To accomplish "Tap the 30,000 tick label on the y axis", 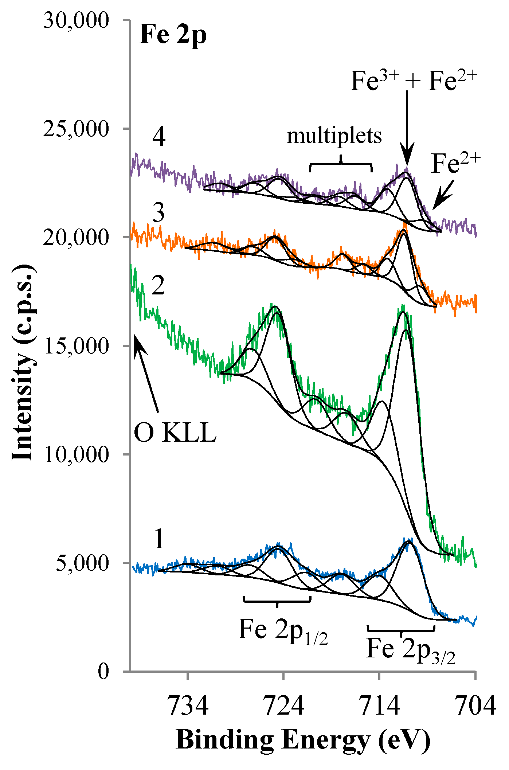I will (x=76, y=20).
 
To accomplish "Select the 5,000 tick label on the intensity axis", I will (x=82, y=563).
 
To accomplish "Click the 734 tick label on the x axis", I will (x=188, y=706).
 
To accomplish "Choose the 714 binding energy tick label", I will (x=380, y=706).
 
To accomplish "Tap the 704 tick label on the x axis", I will (x=475, y=706).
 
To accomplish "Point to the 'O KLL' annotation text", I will (x=175, y=433).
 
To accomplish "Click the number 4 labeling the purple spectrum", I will (x=159, y=137).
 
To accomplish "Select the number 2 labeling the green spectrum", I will (x=158, y=286).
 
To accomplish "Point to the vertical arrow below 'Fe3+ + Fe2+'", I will (x=407, y=128).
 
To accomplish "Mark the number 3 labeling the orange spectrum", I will (x=158, y=213).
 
